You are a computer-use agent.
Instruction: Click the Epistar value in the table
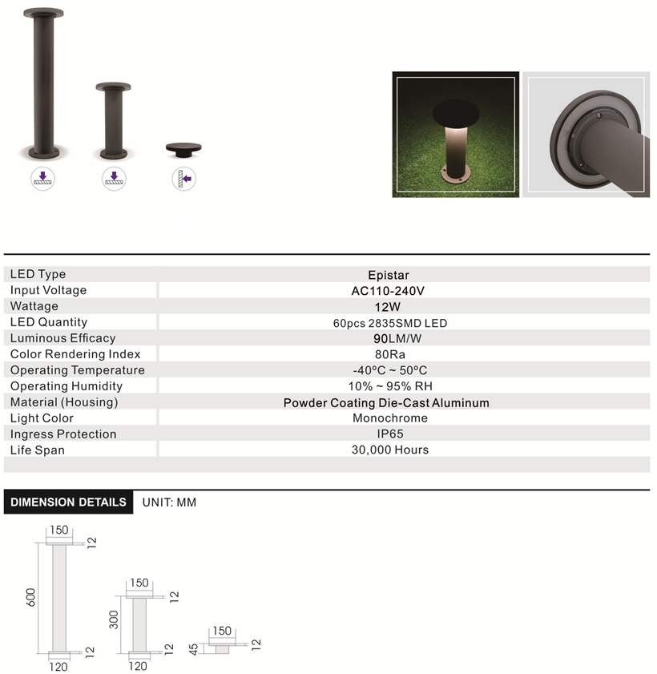click(389, 275)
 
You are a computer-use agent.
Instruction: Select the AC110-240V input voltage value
click(388, 291)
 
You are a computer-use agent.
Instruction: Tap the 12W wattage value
click(388, 307)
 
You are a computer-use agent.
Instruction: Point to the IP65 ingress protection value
click(390, 434)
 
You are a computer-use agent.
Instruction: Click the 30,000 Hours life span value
click(390, 450)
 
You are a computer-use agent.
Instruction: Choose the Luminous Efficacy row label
click(62, 338)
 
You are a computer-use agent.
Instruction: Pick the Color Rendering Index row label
click(75, 354)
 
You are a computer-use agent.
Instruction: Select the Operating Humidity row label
click(67, 386)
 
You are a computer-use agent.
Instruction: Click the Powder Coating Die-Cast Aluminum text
click(386, 403)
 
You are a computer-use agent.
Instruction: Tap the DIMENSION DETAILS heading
click(68, 502)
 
